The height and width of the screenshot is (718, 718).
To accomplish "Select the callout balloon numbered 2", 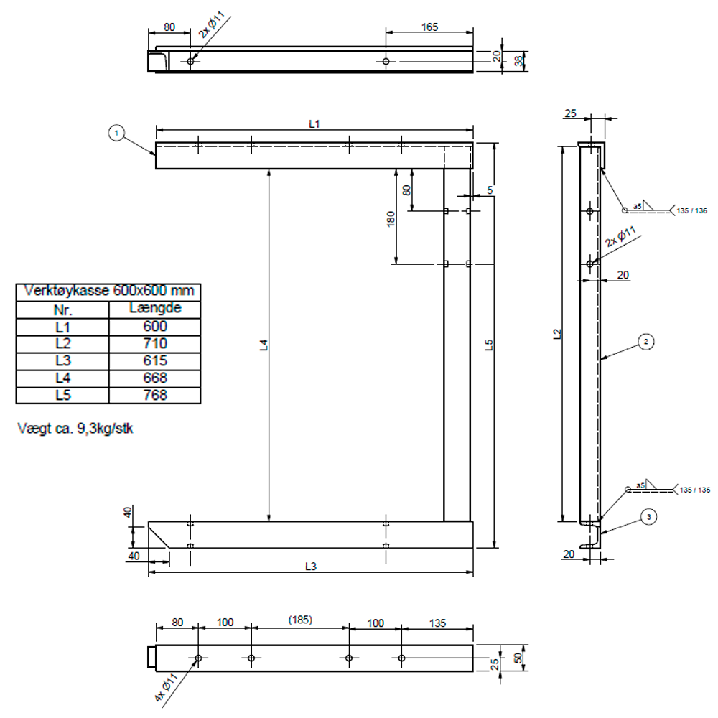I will click(x=646, y=342).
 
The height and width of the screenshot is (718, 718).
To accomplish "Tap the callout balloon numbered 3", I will click(x=648, y=516).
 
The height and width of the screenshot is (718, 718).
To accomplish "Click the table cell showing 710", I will click(x=154, y=343).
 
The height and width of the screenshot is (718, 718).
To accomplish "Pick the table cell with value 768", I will click(x=154, y=395).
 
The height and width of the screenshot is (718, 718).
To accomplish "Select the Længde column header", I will click(x=154, y=309).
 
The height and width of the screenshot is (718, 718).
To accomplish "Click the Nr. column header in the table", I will click(x=62, y=309).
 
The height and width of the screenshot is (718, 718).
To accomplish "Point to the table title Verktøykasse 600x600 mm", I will click(x=108, y=292).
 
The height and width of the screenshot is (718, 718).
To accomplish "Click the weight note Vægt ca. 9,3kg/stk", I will click(x=76, y=429).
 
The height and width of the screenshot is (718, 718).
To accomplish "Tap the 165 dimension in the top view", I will click(x=429, y=27).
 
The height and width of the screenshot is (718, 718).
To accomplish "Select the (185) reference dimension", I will click(x=299, y=620).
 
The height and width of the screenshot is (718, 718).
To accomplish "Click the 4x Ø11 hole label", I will click(x=167, y=689).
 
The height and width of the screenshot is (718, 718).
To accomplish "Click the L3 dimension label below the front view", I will click(x=310, y=566).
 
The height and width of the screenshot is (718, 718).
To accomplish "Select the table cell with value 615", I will click(x=154, y=360).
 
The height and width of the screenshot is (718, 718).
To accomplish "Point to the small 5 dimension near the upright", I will click(x=490, y=190).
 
